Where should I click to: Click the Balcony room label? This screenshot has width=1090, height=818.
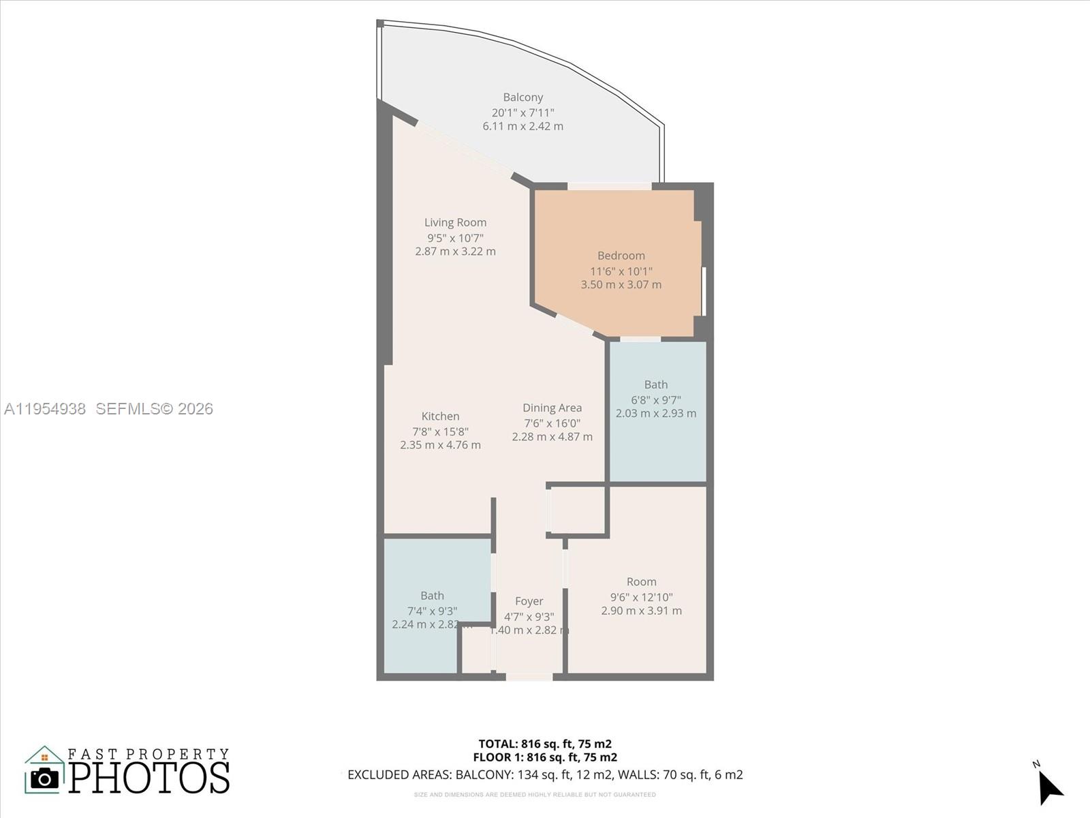(523, 97)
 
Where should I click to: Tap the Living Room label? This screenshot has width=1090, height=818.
(455, 222)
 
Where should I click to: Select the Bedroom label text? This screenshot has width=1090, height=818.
(621, 256)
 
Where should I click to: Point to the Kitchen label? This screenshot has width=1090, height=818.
(440, 416)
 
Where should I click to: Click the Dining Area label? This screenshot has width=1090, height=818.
(552, 408)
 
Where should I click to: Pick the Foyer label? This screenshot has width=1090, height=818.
(529, 601)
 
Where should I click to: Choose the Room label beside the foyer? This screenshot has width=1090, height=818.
(641, 581)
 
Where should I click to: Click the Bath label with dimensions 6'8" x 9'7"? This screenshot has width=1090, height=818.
(655, 384)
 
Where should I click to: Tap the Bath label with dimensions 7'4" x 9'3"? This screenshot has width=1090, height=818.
(432, 596)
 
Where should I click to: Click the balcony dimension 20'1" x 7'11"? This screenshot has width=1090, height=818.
(523, 112)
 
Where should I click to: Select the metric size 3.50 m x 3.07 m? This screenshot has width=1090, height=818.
(621, 285)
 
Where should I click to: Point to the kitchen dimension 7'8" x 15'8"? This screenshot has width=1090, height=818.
(440, 431)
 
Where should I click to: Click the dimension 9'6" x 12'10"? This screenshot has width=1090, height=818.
(641, 597)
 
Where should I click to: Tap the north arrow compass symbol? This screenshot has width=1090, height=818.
(1049, 788)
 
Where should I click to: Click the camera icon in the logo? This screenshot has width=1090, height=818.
(45, 778)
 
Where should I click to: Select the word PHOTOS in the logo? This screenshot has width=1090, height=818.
(149, 778)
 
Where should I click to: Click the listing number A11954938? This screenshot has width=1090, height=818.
(45, 409)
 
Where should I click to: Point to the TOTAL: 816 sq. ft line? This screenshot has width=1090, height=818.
(545, 744)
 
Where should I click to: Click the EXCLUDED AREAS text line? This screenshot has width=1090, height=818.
(545, 775)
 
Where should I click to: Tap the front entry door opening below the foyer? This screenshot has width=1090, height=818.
(529, 677)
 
